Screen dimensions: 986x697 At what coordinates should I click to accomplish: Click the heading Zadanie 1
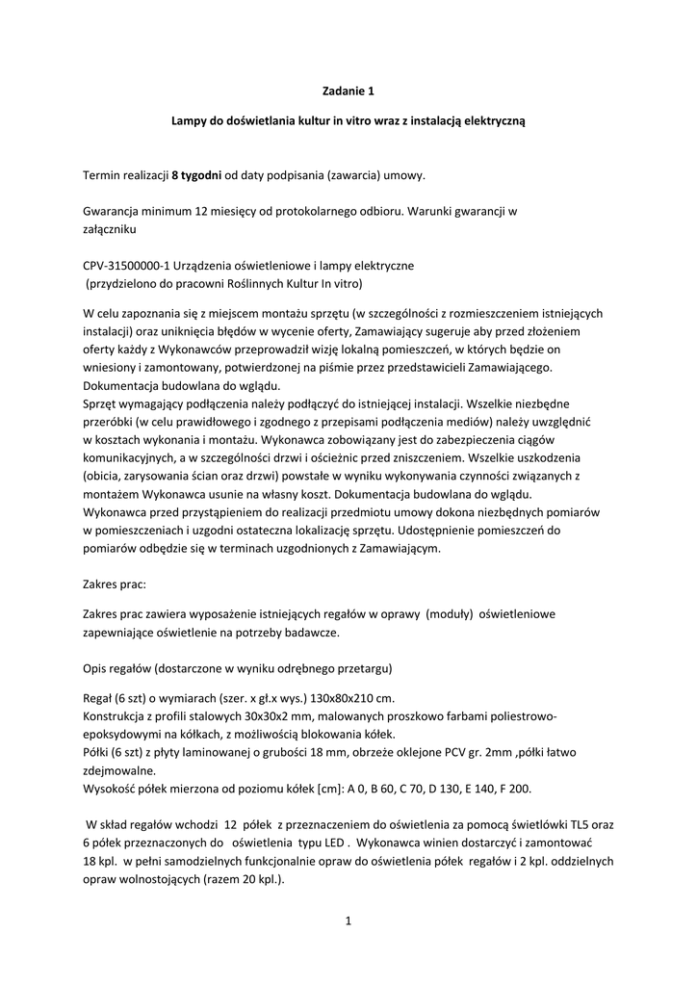(x=348, y=92)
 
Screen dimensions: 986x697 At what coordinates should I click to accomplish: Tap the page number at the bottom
(x=348, y=921)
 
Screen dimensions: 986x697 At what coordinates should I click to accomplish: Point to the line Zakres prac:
(x=115, y=583)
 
